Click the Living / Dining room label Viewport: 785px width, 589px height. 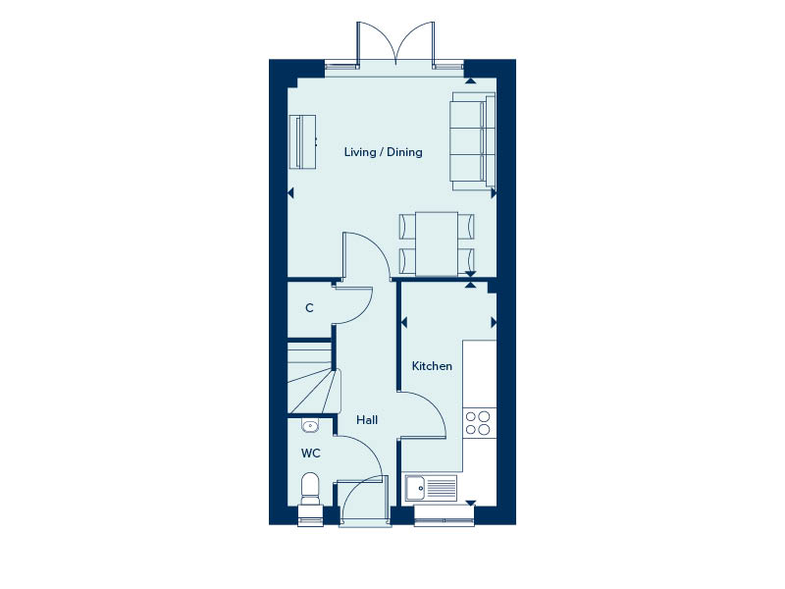point(383,152)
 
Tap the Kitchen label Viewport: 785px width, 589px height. point(432,366)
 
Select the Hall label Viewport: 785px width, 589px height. point(367,420)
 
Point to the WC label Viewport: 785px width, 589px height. point(310,454)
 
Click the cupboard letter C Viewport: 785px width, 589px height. point(309,308)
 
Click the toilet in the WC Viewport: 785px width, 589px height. point(310,489)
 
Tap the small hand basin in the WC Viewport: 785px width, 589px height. point(310,426)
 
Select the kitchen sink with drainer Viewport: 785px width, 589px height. point(431,488)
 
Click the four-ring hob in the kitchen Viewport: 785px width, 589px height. point(478,422)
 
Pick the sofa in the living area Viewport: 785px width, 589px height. point(473,141)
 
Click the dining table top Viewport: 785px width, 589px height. point(437,243)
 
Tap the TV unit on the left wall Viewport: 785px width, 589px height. point(303,141)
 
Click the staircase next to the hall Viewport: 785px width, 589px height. point(311,377)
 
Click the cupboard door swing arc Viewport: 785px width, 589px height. point(364,309)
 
